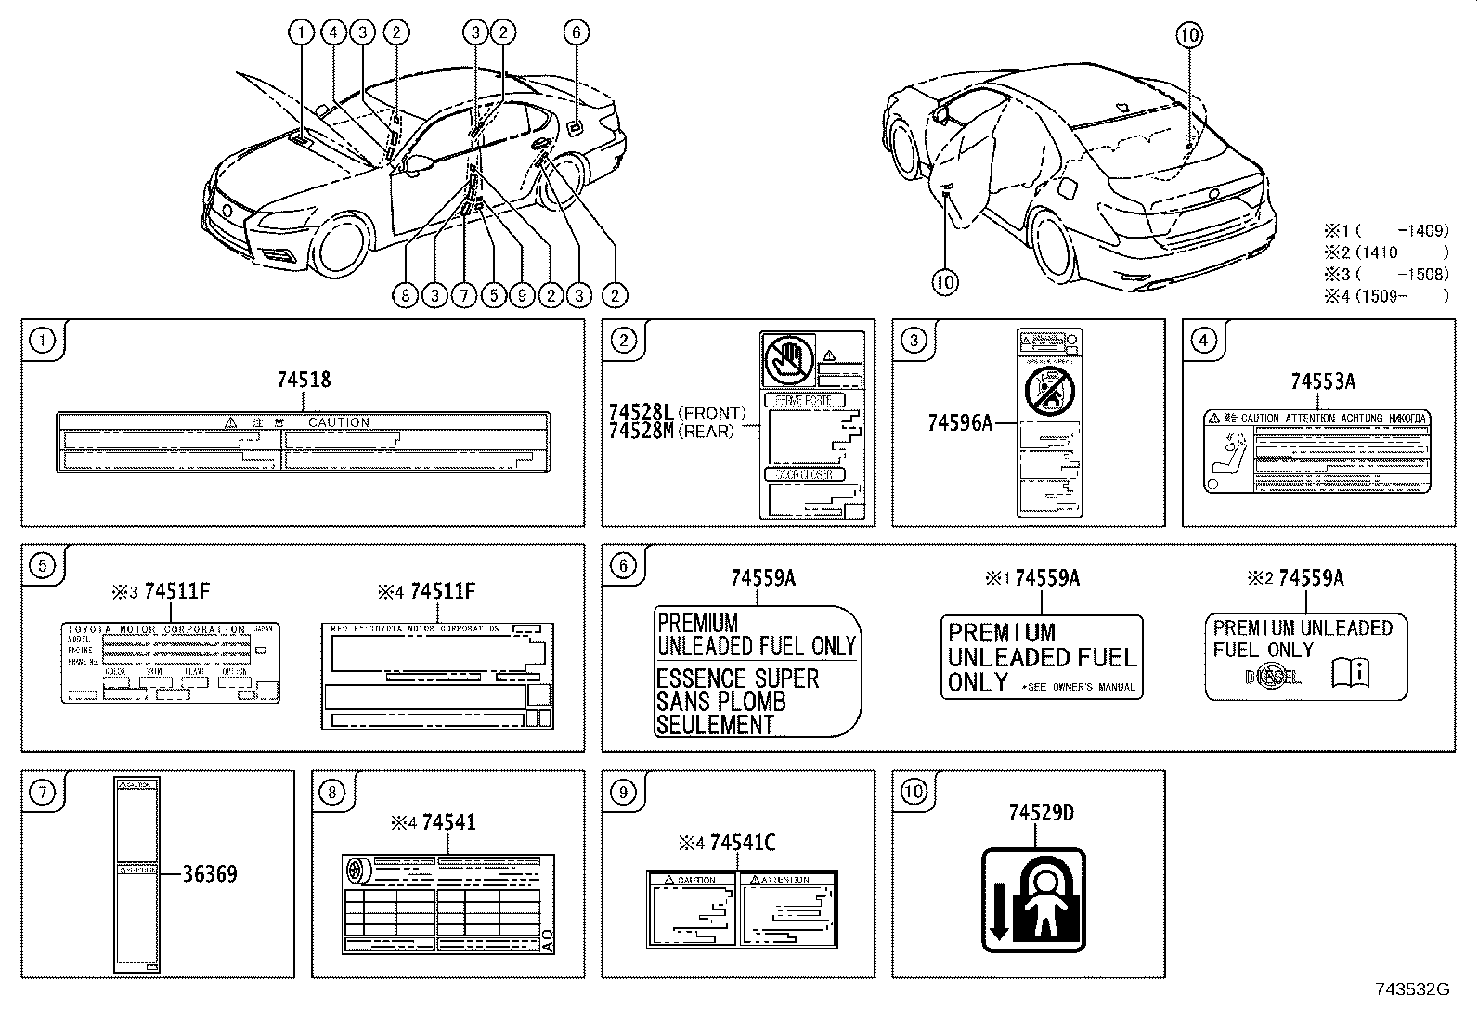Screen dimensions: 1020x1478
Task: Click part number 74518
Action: pyautogui.click(x=304, y=380)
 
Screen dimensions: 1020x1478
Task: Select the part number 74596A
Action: pyautogui.click(x=959, y=423)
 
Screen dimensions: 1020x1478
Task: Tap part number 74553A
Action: pyautogui.click(x=1322, y=381)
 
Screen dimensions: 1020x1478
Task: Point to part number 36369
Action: pyautogui.click(x=209, y=874)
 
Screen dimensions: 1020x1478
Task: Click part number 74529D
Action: pyautogui.click(x=1041, y=813)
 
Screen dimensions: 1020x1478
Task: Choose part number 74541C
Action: pyautogui.click(x=742, y=843)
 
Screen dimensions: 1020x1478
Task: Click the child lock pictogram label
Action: pyautogui.click(x=1033, y=900)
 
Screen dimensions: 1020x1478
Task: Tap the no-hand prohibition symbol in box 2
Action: pyautogui.click(x=787, y=360)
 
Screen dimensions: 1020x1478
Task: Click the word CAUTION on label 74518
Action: pyautogui.click(x=338, y=422)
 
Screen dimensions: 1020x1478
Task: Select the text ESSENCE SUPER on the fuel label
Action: pyautogui.click(x=738, y=678)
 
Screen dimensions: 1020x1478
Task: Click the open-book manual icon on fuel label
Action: pyautogui.click(x=1351, y=672)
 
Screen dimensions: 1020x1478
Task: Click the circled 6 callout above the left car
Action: pyautogui.click(x=576, y=32)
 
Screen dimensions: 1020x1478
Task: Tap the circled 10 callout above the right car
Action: pyautogui.click(x=1189, y=35)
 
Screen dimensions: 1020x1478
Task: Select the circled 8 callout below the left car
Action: pyautogui.click(x=406, y=296)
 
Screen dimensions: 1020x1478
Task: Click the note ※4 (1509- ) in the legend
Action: pyautogui.click(x=1386, y=296)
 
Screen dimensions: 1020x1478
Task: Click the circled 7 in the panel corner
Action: pyautogui.click(x=42, y=792)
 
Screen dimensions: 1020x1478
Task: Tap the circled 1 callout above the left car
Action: pyautogui.click(x=301, y=32)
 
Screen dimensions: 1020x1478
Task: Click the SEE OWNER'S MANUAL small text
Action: pyautogui.click(x=1078, y=687)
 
